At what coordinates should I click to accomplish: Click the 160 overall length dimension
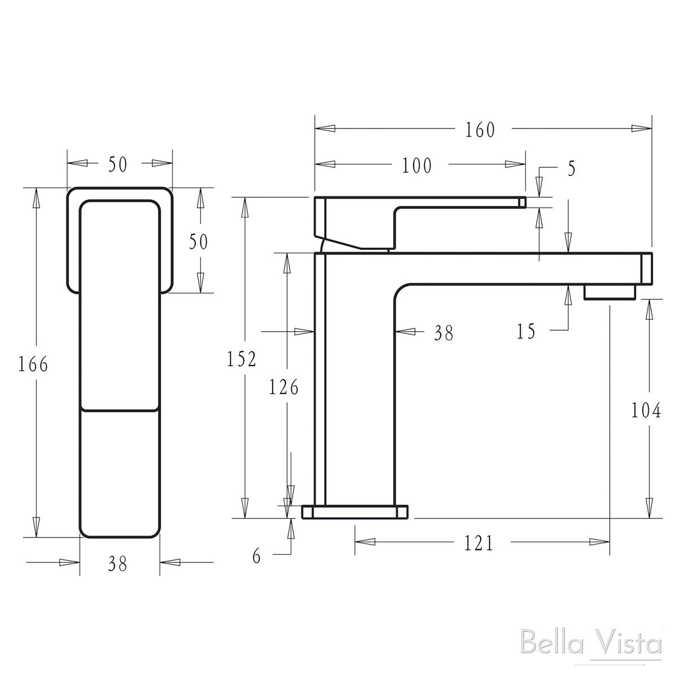tap(480, 130)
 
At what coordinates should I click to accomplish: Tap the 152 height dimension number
tap(241, 359)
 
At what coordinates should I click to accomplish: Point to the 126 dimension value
tap(283, 388)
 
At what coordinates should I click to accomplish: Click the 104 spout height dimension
tap(646, 411)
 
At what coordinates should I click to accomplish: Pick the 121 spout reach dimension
tap(478, 543)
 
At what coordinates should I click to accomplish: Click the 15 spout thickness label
tap(526, 332)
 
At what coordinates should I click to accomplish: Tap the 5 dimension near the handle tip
tap(572, 169)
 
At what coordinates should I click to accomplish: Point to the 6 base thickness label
tap(257, 557)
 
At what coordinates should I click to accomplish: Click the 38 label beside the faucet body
tap(443, 333)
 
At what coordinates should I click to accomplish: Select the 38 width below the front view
tap(118, 563)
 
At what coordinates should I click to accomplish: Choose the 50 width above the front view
tap(118, 164)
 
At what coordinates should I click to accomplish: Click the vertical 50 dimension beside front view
tap(198, 242)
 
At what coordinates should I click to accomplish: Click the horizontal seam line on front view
tap(119, 408)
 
